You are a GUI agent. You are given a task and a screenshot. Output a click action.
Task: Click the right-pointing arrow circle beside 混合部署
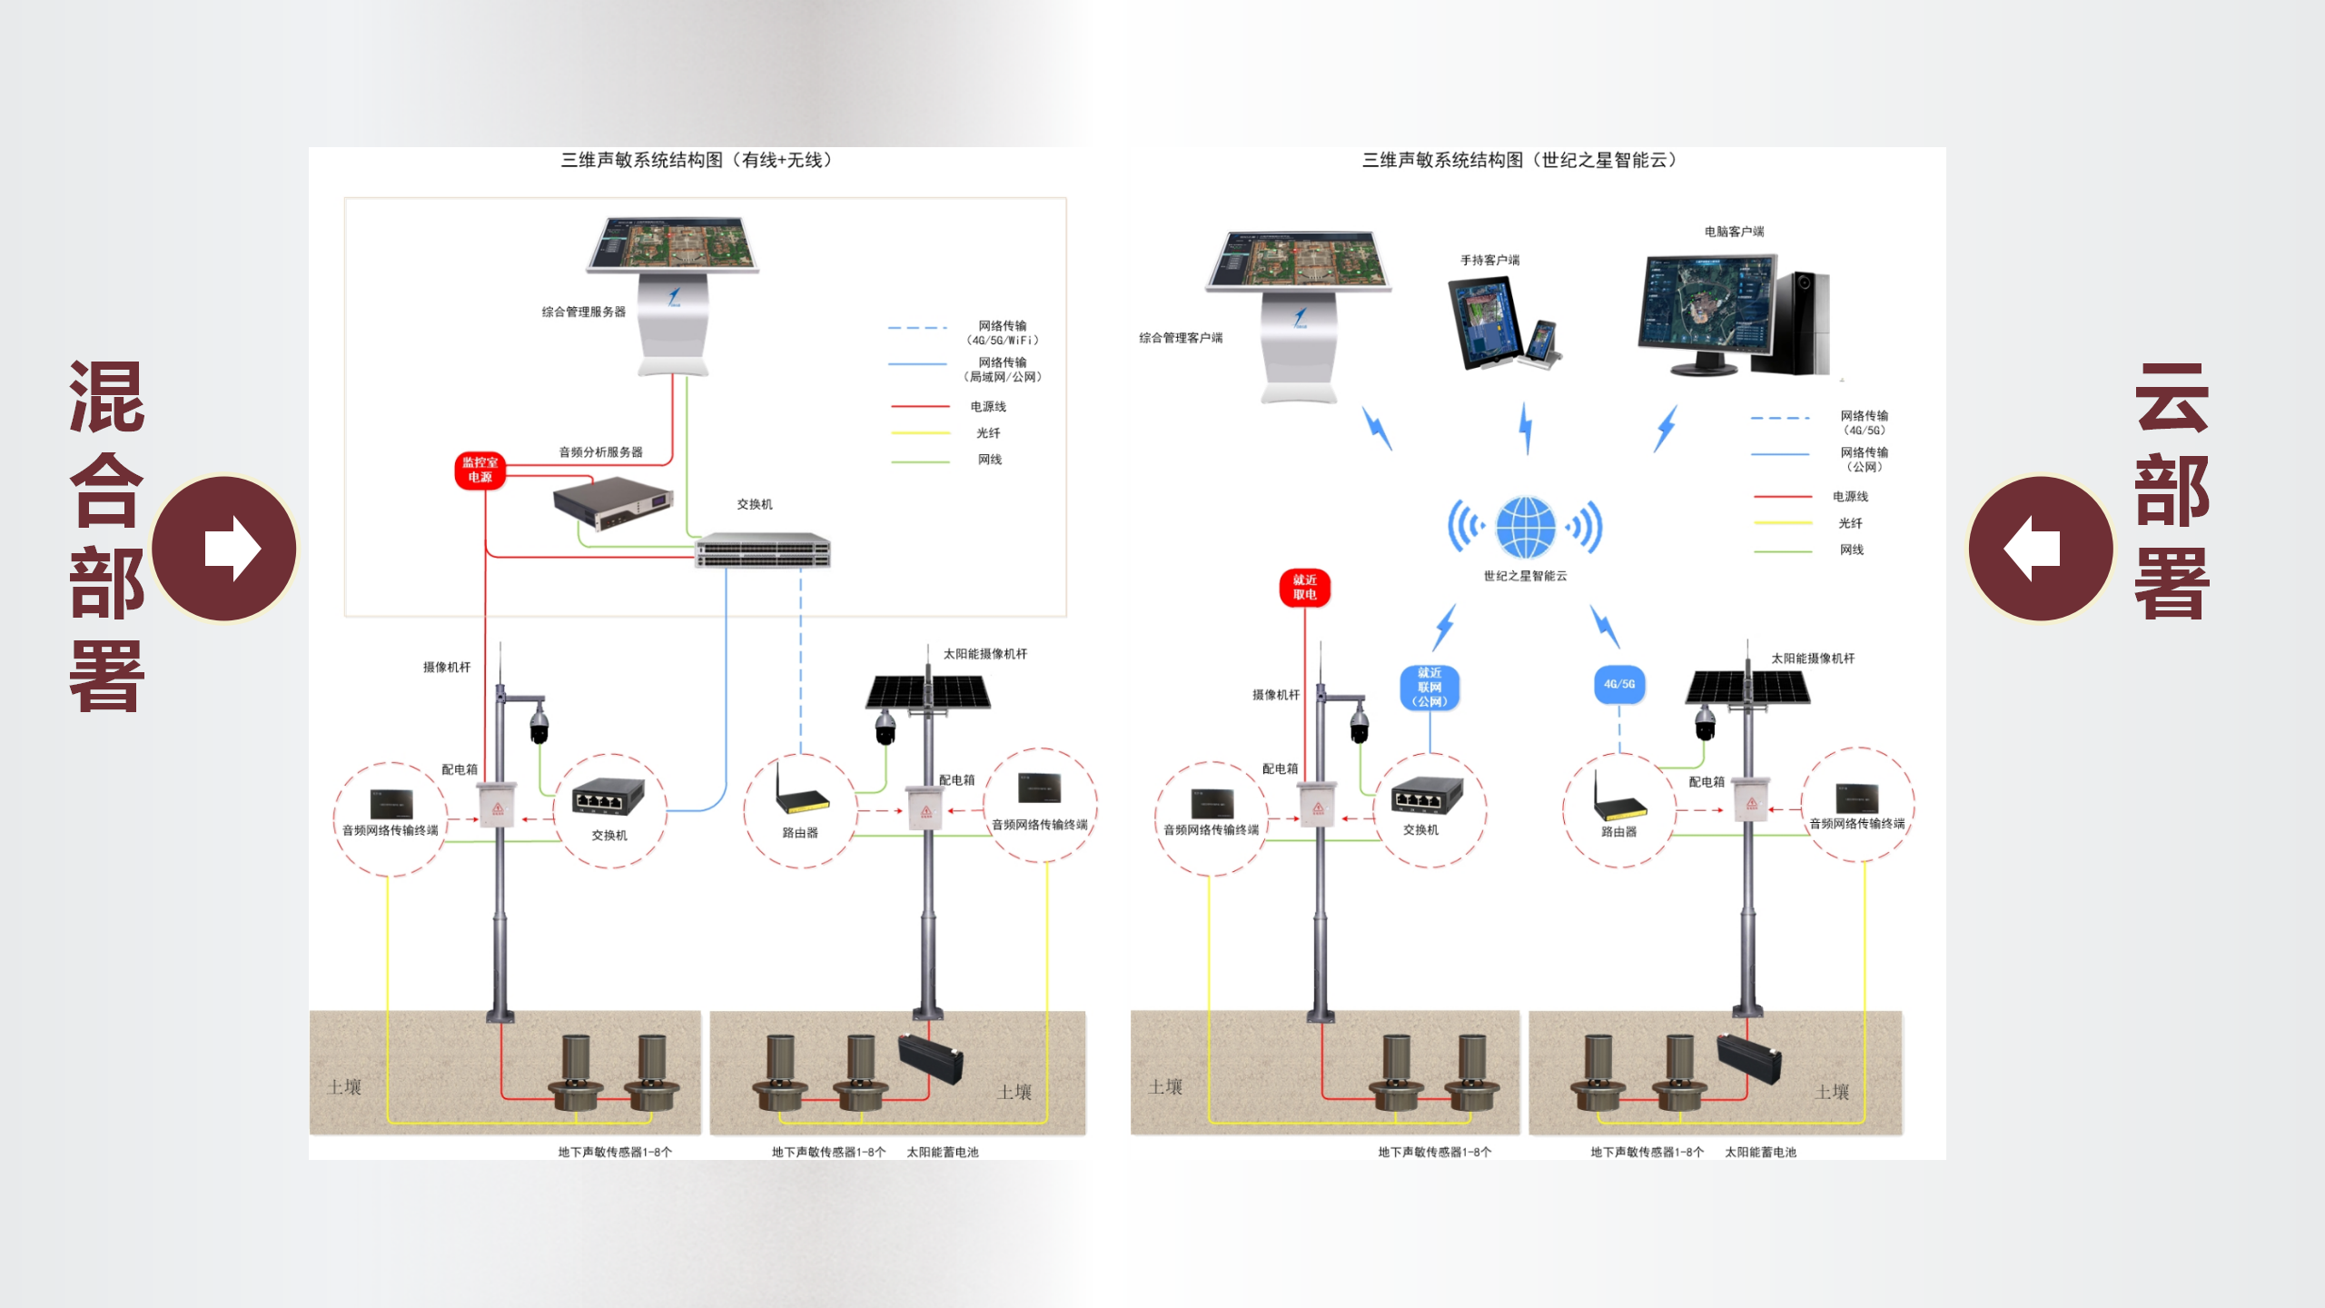(x=224, y=549)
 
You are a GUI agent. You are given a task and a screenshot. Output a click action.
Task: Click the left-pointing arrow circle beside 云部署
(x=2041, y=549)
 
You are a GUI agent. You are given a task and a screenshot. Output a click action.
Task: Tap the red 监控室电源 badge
(x=480, y=470)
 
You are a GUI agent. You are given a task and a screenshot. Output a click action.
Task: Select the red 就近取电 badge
(x=1304, y=587)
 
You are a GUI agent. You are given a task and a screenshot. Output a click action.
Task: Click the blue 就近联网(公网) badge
(x=1429, y=687)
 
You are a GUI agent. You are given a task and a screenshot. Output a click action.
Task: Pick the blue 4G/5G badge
(x=1618, y=684)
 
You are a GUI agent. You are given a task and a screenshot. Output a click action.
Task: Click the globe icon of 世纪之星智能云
(x=1525, y=527)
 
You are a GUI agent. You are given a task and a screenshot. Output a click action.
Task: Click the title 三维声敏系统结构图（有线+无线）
(x=696, y=160)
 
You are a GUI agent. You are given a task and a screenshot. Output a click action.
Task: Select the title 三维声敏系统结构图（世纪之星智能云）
(x=1519, y=160)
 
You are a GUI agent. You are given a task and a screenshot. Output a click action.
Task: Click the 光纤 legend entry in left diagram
(x=988, y=433)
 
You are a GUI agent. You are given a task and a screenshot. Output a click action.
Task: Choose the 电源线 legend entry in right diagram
(x=1850, y=496)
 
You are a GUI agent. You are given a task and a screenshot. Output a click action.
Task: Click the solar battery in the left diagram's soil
(x=930, y=1059)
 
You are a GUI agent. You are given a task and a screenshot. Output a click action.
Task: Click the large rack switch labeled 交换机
(x=763, y=550)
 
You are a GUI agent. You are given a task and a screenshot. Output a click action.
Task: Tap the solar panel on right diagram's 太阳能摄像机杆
(x=1747, y=688)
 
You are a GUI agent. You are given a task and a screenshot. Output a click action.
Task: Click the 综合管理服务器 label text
(x=583, y=312)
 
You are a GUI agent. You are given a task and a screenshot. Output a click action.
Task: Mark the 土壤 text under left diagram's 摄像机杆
(x=344, y=1086)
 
